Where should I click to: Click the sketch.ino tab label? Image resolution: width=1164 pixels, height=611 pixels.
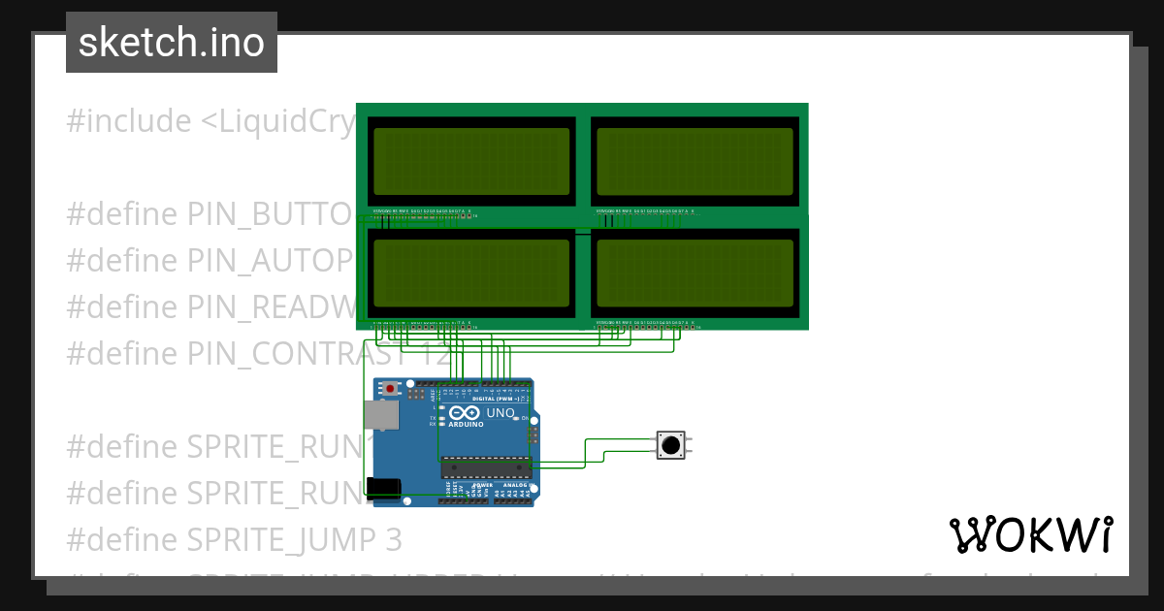pos(171,43)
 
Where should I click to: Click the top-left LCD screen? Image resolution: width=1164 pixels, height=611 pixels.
pos(470,161)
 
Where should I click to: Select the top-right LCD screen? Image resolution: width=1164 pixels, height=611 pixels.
pos(695,161)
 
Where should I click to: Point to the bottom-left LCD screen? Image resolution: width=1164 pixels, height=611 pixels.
pos(470,273)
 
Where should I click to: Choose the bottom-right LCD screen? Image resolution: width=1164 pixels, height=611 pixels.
pos(695,273)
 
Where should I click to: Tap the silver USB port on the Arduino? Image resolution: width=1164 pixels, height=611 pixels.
pos(379,416)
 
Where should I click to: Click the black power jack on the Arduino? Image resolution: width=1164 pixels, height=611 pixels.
pos(385,490)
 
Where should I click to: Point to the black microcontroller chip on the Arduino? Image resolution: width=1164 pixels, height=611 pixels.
pos(486,466)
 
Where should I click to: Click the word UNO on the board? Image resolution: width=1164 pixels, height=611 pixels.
pos(500,413)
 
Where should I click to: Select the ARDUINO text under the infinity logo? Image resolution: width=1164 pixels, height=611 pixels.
pos(466,425)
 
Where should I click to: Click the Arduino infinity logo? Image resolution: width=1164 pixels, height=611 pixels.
pos(466,413)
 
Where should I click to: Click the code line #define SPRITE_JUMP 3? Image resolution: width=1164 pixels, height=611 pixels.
pos(234,538)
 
